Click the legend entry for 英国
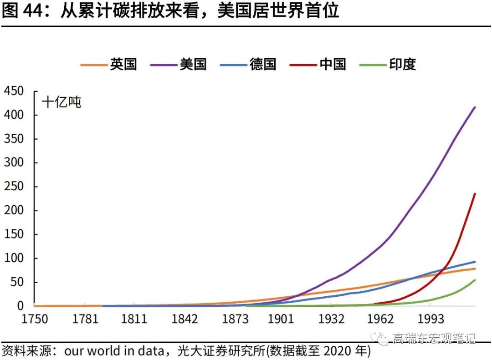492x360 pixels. click(x=108, y=64)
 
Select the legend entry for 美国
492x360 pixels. click(x=178, y=64)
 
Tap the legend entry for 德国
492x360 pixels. click(x=248, y=64)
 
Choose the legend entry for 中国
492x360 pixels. click(x=318, y=64)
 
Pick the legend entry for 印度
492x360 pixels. click(x=388, y=64)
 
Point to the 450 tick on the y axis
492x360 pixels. click(x=14, y=91)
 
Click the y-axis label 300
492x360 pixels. click(x=14, y=162)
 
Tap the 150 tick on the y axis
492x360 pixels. click(x=14, y=234)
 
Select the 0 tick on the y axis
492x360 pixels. click(x=20, y=306)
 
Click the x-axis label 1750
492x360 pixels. click(x=35, y=319)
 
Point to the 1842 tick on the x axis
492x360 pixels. click(x=184, y=319)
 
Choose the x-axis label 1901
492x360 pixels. click(x=281, y=319)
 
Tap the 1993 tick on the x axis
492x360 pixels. click(x=431, y=319)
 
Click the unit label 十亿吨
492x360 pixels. click(x=61, y=102)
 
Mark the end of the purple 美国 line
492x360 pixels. click(x=475, y=107)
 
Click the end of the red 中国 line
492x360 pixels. click(x=475, y=193)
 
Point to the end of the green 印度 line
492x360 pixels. click(x=475, y=280)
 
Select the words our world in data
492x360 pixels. click(x=114, y=351)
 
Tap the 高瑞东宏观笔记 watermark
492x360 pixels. click(x=424, y=338)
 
